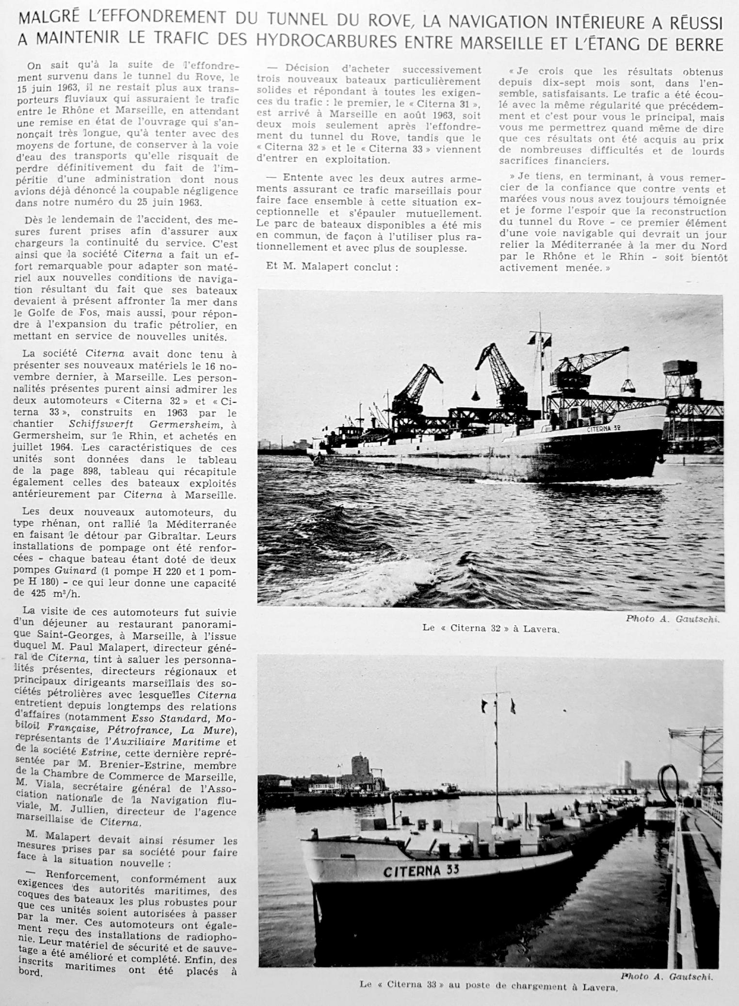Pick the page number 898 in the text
pos(90,471)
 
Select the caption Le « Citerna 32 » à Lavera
pos(491,628)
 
